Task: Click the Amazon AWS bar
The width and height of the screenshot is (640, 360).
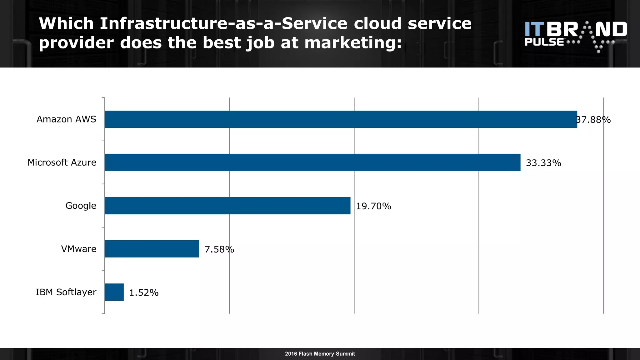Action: click(341, 119)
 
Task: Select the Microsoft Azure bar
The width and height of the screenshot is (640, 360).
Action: click(312, 162)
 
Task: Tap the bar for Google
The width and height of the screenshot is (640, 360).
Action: click(227, 206)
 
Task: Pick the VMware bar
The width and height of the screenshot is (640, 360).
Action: click(152, 249)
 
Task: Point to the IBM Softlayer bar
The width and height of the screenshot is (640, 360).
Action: click(114, 292)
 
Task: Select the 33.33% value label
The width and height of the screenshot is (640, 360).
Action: click(543, 163)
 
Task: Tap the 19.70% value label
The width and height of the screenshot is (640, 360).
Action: click(373, 206)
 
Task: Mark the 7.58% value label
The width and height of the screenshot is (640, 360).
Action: click(219, 249)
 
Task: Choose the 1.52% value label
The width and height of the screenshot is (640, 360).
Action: click(144, 292)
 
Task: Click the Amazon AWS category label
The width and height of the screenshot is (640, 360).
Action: click(66, 119)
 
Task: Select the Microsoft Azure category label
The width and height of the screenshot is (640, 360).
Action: click(62, 162)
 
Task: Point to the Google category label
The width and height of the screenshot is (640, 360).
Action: click(81, 206)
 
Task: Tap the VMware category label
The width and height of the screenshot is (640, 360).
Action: click(79, 249)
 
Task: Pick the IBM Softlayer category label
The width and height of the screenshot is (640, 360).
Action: click(66, 292)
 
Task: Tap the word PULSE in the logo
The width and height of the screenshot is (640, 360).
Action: click(544, 42)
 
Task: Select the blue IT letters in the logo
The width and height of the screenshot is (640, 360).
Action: click(534, 29)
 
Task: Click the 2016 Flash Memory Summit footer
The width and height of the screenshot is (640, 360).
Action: click(320, 354)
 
